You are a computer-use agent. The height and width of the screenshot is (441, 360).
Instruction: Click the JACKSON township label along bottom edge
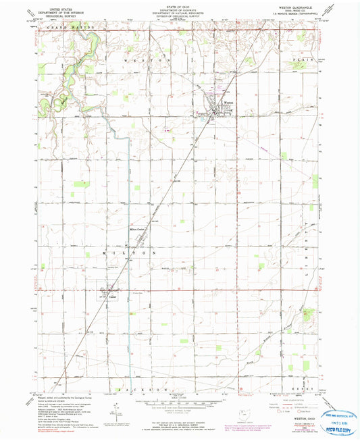tap(138, 390)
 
